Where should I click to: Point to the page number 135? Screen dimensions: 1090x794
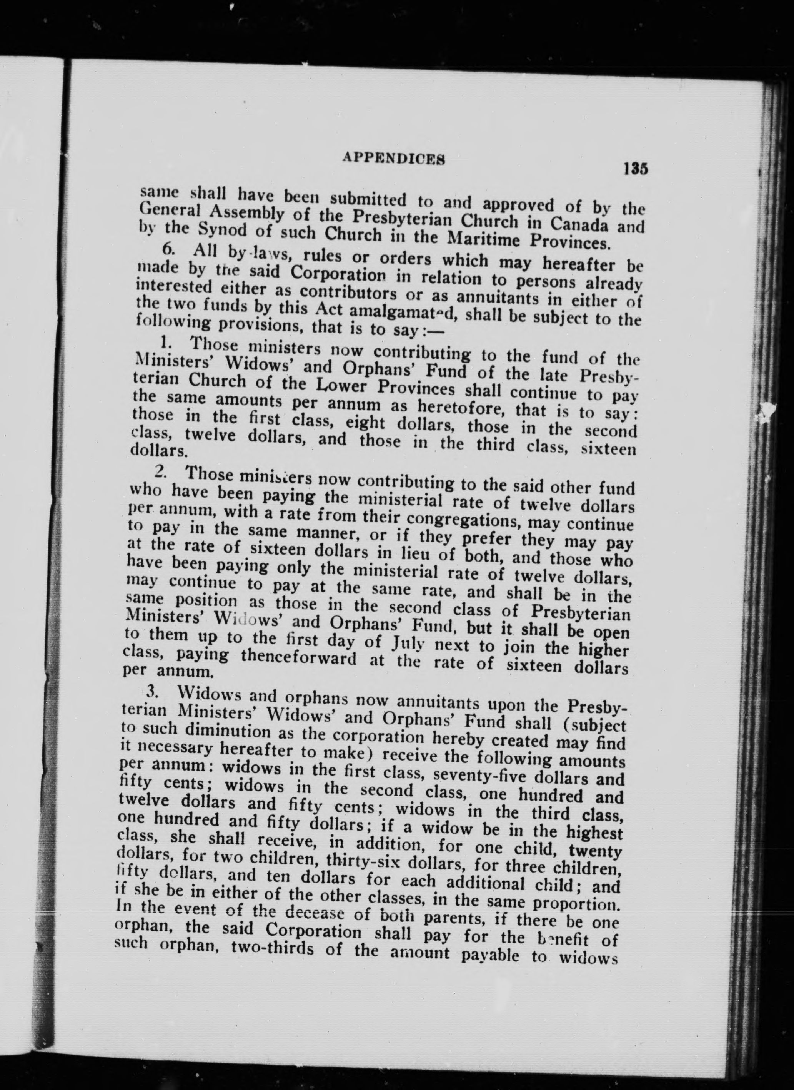pos(635,169)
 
